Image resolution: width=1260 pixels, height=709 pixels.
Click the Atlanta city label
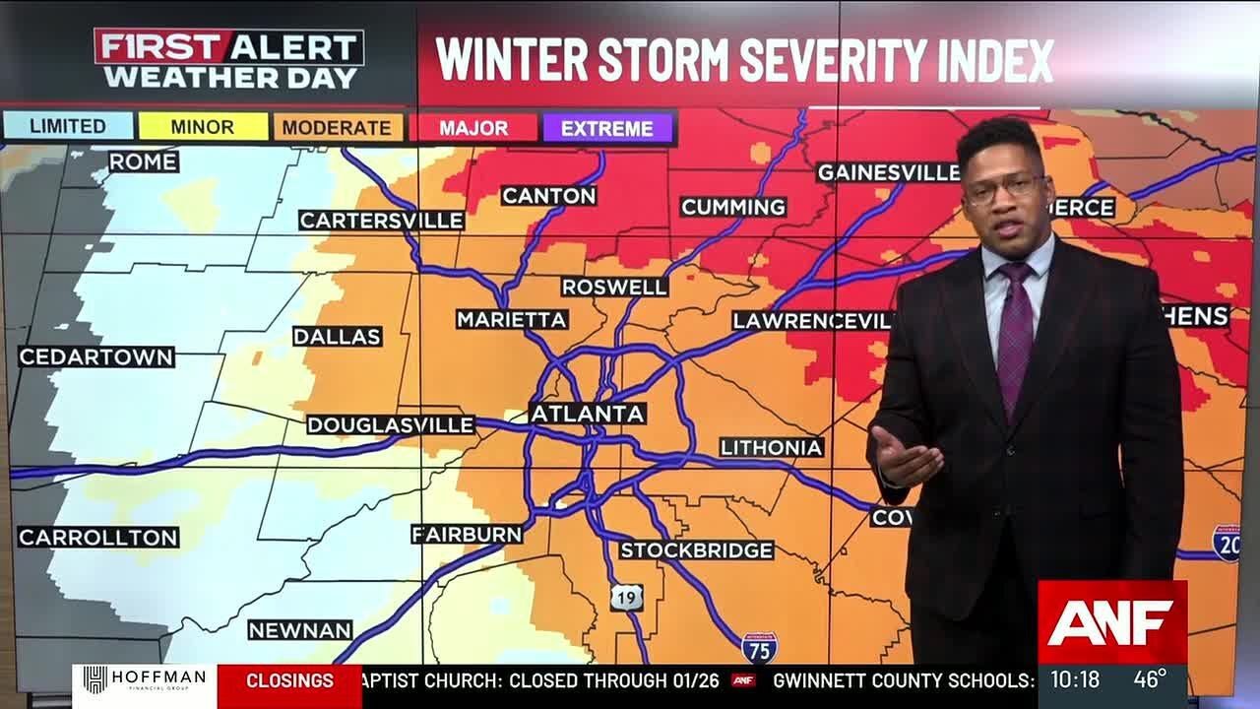[x=588, y=414]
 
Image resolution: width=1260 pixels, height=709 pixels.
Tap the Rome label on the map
[x=144, y=161]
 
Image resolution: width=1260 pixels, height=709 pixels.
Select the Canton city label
[x=549, y=196]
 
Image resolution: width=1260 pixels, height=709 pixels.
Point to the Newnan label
[x=300, y=630]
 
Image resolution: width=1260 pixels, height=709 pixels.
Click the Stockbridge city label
[x=697, y=550]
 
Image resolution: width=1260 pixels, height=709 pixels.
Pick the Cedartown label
[x=96, y=357]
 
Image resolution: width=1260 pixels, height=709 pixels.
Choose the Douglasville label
[x=391, y=425]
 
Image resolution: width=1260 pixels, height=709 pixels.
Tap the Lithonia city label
[x=771, y=448]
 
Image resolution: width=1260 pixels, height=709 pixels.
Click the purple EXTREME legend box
[x=606, y=128]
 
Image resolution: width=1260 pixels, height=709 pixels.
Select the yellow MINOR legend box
[x=203, y=127]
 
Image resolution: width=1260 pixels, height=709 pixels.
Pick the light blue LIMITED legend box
[x=68, y=126]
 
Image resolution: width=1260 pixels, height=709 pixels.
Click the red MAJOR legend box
[x=473, y=128]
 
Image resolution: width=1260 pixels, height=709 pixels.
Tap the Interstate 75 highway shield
[x=759, y=647]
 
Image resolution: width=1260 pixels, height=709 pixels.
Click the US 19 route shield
[x=626, y=597]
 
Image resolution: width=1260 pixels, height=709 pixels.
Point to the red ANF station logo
[x=1112, y=622]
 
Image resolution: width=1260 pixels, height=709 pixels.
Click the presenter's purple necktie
[x=1014, y=335]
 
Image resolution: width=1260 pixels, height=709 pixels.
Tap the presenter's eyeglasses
[x=1002, y=188]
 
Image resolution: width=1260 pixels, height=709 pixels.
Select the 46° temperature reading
[x=1149, y=678]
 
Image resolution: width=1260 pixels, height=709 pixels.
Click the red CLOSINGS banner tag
[x=289, y=680]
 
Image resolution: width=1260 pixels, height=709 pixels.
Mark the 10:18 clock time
[x=1074, y=679]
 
